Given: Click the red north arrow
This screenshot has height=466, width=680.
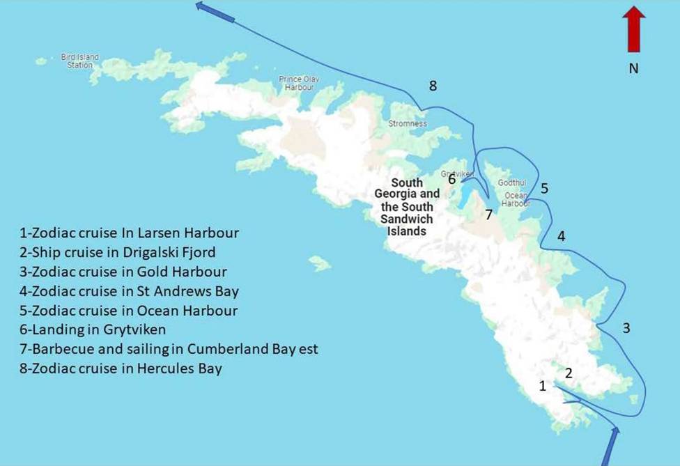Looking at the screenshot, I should point(634,29).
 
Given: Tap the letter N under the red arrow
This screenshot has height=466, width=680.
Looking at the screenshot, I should point(634,68).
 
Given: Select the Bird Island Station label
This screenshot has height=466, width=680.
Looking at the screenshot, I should point(80,61).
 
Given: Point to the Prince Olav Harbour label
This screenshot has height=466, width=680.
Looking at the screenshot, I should point(299,83).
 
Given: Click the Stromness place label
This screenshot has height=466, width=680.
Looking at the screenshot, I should point(408,123).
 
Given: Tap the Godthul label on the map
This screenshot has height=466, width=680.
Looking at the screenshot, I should point(507,182).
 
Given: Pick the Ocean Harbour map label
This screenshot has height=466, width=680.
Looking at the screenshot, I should point(516,200).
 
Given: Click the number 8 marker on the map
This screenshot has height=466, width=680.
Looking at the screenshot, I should point(433,86).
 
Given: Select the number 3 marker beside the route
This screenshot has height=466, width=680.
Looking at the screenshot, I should point(626,327).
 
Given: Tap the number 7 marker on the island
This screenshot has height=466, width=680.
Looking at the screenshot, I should point(489,215).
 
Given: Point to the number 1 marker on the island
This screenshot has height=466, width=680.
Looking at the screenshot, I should point(543,386).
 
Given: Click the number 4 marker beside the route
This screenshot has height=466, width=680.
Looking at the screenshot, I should point(561,237).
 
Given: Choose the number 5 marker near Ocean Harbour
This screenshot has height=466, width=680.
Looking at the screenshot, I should point(544,188).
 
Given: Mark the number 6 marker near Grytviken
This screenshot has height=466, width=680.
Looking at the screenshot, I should point(452,180).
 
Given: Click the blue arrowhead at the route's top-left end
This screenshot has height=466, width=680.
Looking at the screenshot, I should point(203,6).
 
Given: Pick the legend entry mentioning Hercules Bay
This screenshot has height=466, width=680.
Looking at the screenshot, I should point(121,368).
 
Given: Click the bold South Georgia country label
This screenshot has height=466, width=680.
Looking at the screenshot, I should point(407,206).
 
